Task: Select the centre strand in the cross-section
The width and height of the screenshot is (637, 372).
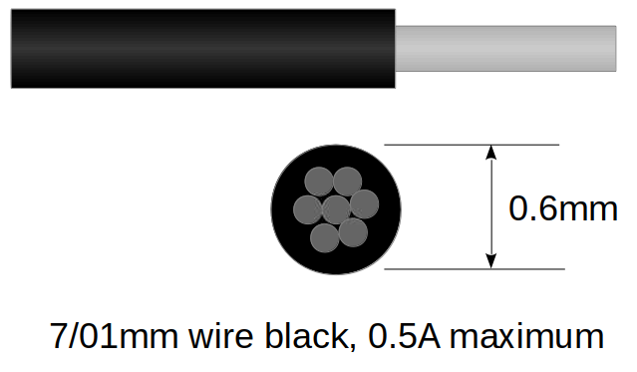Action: coord(337,209)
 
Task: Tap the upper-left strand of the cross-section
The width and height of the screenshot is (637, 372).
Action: coord(318,183)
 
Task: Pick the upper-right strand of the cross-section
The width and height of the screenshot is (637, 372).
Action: coord(347,181)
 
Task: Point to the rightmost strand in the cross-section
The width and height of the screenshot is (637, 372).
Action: coord(365,203)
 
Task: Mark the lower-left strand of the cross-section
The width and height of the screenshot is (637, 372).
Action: coord(325,237)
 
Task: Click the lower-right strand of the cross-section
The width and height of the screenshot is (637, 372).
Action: coord(353,232)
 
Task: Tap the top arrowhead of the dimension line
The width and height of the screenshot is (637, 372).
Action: coord(490,153)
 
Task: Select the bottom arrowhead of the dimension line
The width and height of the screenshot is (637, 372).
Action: coord(490,260)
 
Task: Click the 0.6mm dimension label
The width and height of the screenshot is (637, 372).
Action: coord(563,208)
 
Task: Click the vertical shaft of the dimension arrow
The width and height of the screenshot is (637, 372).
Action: coord(490,206)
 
